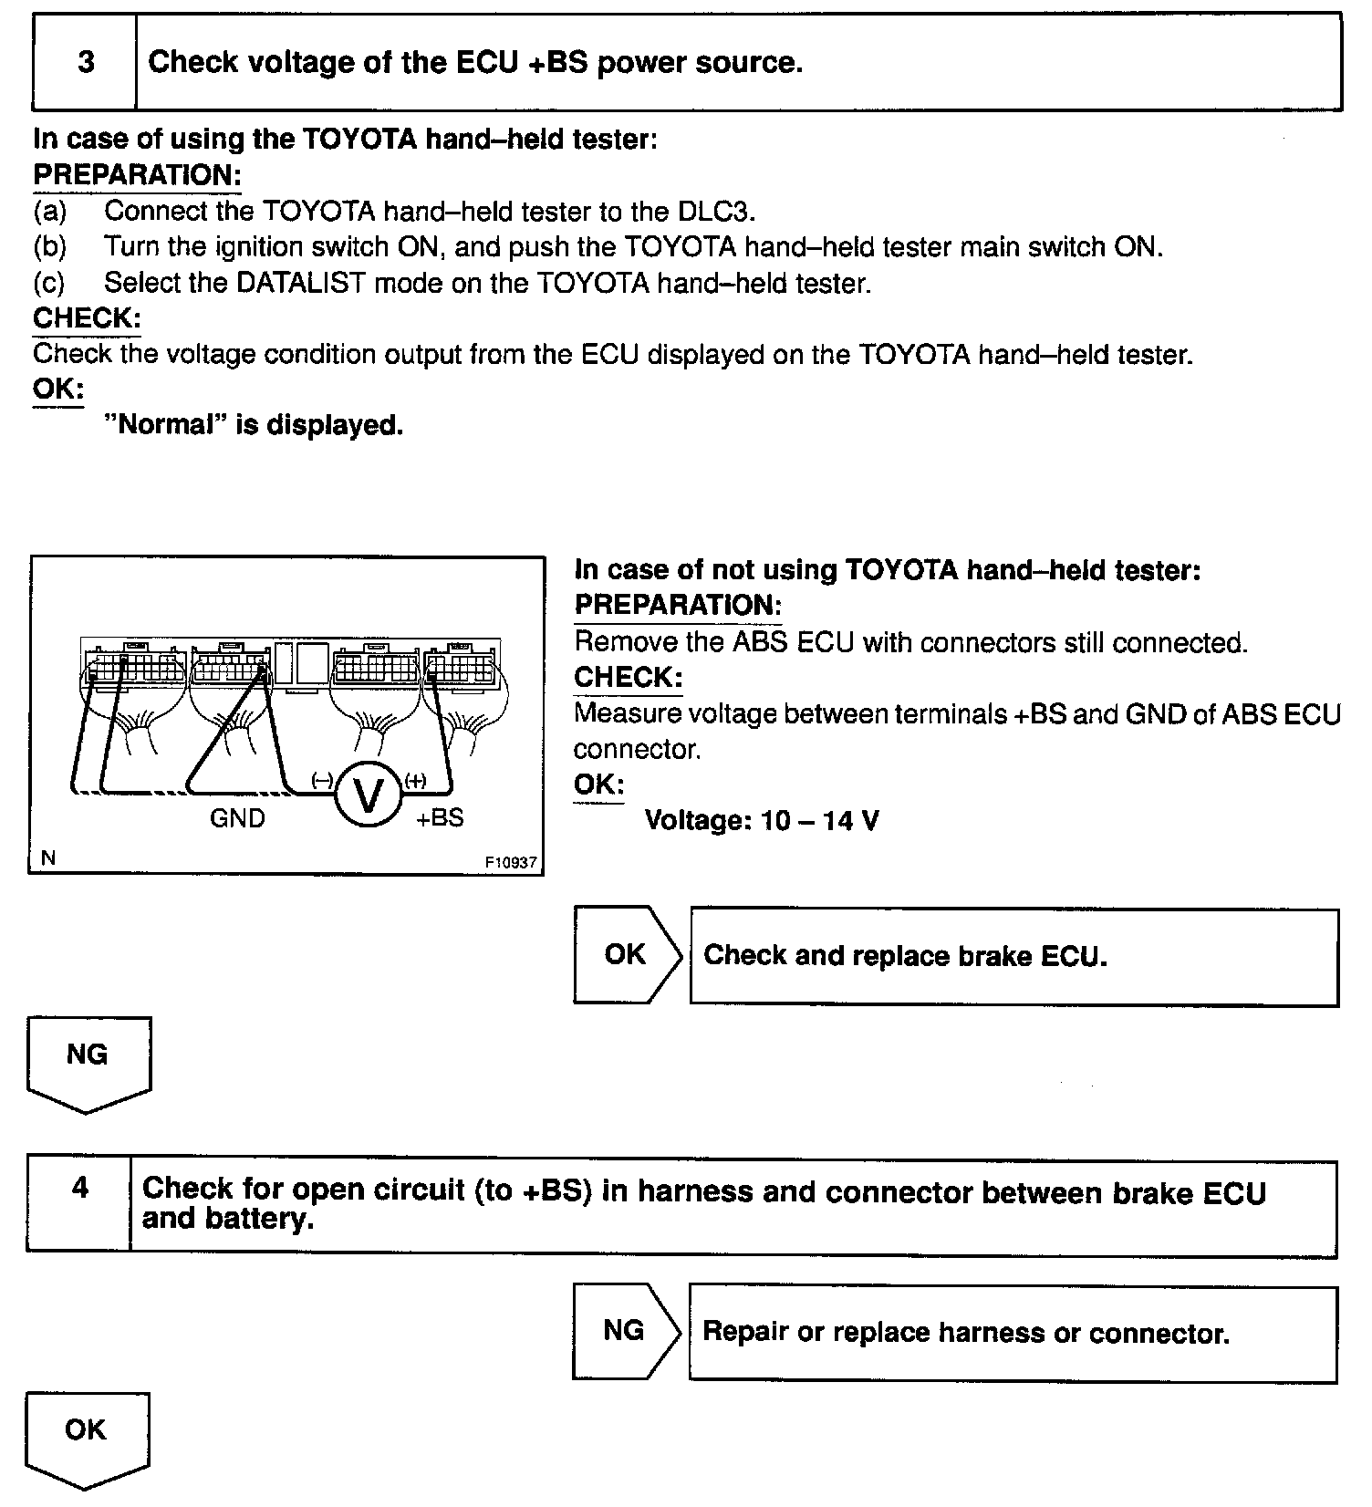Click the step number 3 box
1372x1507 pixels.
pyautogui.click(x=85, y=63)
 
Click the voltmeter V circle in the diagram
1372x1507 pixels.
pyautogui.click(x=369, y=795)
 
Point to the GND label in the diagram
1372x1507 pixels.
pyautogui.click(x=237, y=818)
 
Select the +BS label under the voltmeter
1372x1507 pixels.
pyautogui.click(x=440, y=817)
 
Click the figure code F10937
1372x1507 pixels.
pyautogui.click(x=511, y=862)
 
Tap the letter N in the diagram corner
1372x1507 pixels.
pyautogui.click(x=48, y=857)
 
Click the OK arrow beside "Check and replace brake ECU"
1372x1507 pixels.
pyautogui.click(x=626, y=955)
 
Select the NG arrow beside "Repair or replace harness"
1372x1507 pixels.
pyautogui.click(x=625, y=1331)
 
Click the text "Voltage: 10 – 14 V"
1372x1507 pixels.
pyautogui.click(x=762, y=821)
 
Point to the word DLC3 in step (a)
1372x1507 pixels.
pyautogui.click(x=716, y=212)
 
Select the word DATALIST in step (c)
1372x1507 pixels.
pyautogui.click(x=300, y=283)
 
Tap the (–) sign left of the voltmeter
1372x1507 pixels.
pyautogui.click(x=321, y=780)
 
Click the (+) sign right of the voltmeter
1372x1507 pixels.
pyautogui.click(x=415, y=780)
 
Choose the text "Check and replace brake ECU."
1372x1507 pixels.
pyautogui.click(x=905, y=956)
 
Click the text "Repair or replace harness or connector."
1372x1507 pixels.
pyautogui.click(x=965, y=1333)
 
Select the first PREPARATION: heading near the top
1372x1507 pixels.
pyautogui.click(x=137, y=175)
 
